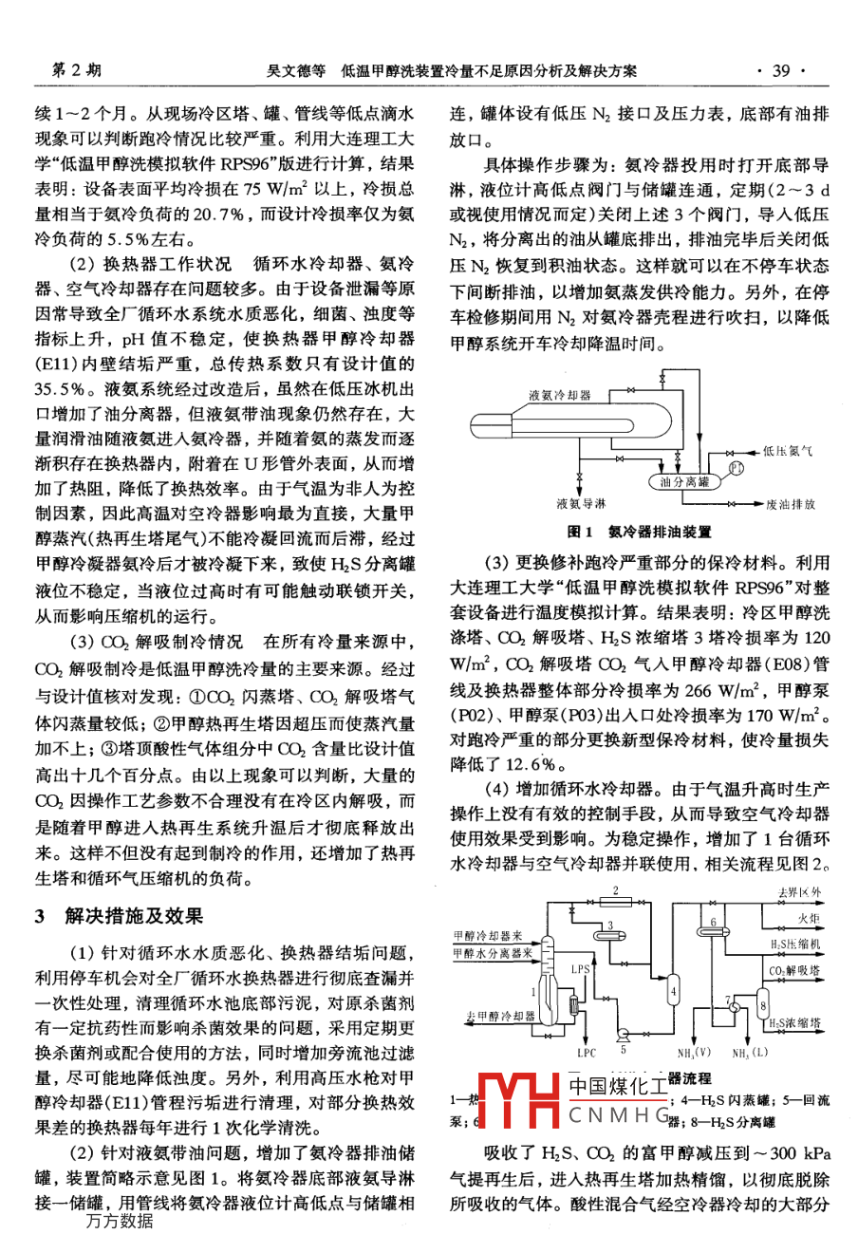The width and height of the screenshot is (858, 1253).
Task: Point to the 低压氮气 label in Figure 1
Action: click(x=788, y=452)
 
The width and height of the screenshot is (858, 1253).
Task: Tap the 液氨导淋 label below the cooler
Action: click(x=581, y=504)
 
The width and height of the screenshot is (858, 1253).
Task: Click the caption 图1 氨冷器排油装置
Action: click(x=639, y=532)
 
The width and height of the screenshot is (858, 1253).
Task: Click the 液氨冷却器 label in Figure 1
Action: click(x=560, y=394)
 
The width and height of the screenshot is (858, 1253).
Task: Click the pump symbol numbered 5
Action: click(x=622, y=1033)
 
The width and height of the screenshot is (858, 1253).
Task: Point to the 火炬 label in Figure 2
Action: click(x=808, y=919)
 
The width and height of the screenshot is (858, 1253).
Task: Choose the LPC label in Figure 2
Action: click(x=587, y=1053)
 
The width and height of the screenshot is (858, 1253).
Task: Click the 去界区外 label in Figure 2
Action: click(x=799, y=893)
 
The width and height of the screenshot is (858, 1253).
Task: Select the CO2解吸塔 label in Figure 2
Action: click(x=794, y=971)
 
